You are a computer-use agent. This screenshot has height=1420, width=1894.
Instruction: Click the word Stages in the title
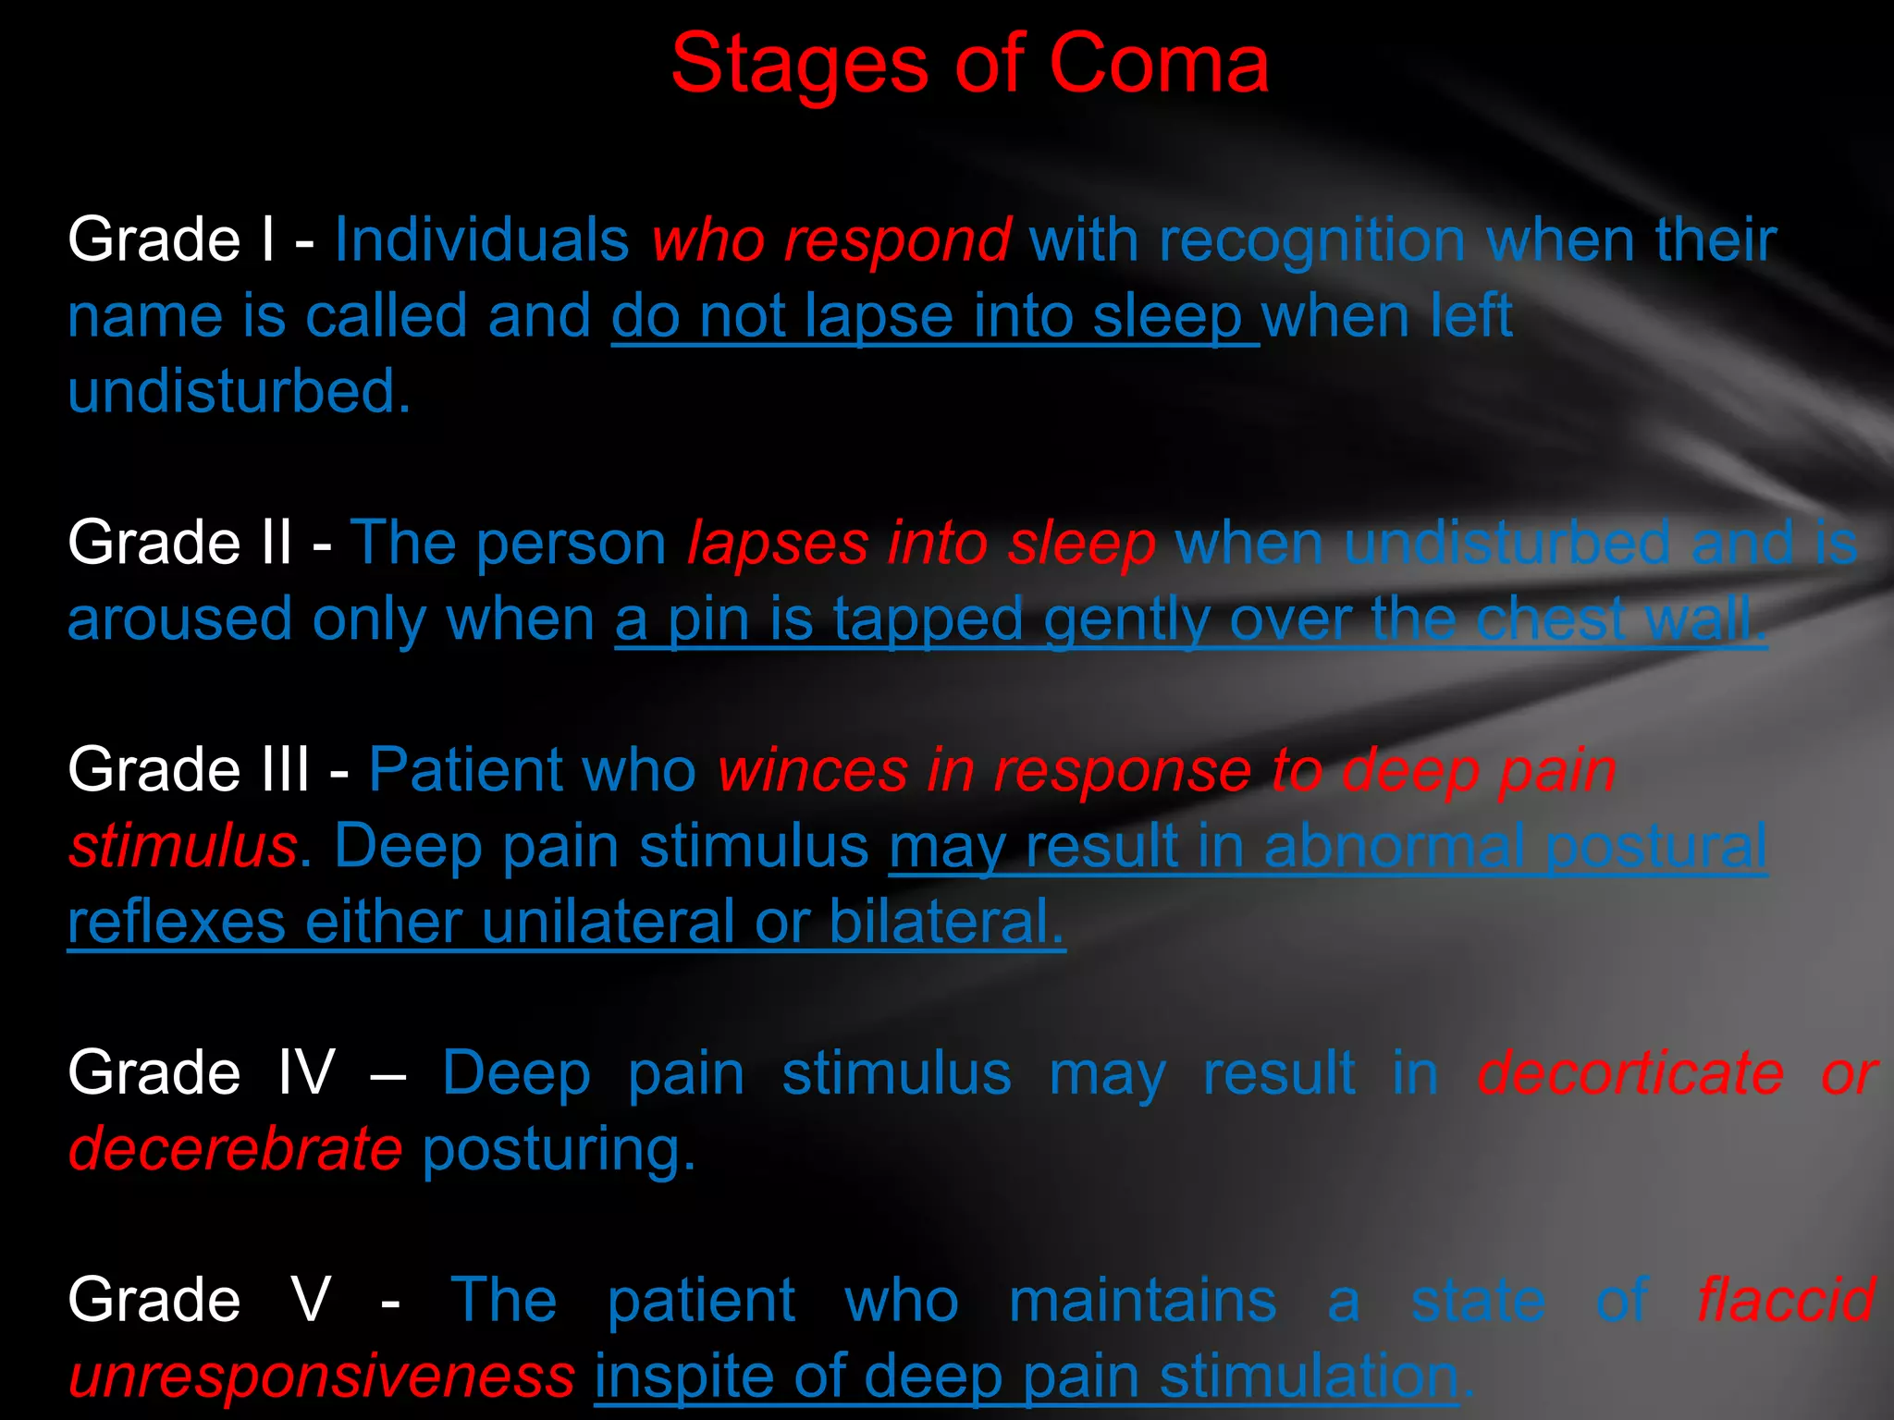point(798,65)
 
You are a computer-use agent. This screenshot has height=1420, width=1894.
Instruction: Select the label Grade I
point(171,240)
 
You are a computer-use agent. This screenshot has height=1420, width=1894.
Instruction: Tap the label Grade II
point(179,543)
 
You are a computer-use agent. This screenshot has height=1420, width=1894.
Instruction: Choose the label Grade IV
point(201,1073)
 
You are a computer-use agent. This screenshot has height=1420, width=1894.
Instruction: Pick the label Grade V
point(199,1300)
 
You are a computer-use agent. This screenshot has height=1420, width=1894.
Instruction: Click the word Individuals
point(481,240)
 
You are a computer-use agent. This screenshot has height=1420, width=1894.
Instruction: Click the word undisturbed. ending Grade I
point(239,392)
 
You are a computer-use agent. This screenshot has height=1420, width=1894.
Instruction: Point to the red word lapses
point(778,544)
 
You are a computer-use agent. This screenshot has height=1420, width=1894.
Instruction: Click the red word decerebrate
point(235,1149)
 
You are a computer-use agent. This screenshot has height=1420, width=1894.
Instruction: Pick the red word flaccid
point(1785,1300)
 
